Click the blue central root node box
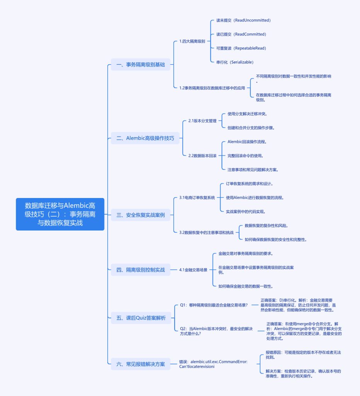60,214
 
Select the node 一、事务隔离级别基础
140,65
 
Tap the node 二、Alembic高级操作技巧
145,138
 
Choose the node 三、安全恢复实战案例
140,215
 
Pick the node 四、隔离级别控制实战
140,270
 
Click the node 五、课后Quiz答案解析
141,318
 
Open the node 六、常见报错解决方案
140,364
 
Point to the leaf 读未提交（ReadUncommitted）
243,20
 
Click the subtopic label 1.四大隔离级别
192,41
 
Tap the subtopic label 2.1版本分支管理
202,121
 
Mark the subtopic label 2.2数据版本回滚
202,155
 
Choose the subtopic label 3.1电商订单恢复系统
197,198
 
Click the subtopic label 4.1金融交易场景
193,270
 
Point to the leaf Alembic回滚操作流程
246,142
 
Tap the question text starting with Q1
214,305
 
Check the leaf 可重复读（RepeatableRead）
241,48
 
